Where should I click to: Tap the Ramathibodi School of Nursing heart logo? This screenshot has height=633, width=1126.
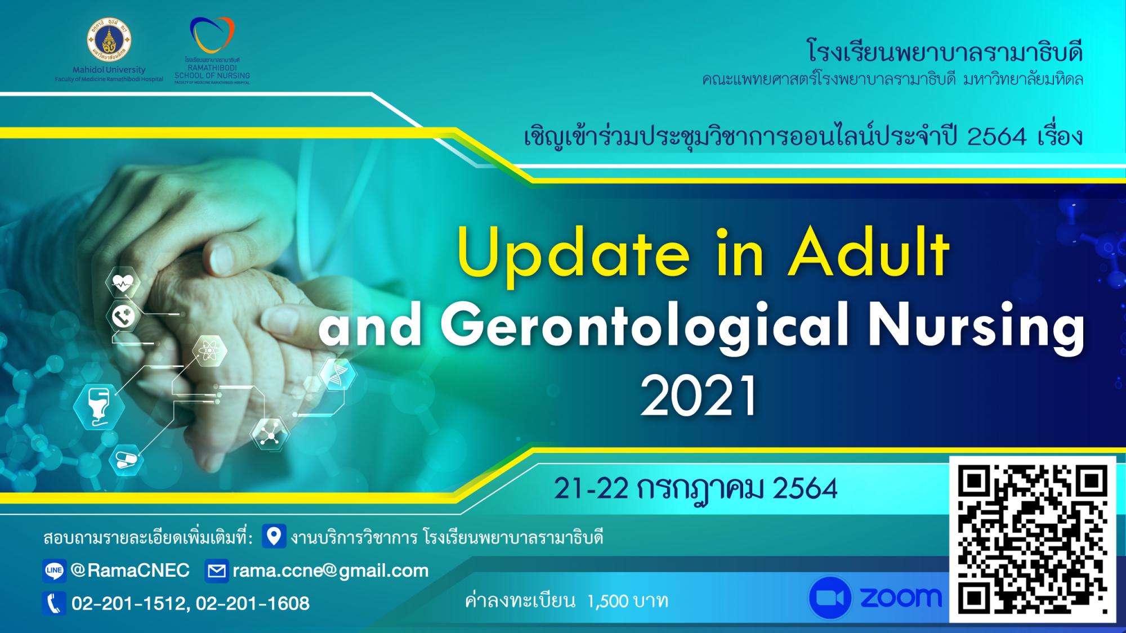(x=212, y=35)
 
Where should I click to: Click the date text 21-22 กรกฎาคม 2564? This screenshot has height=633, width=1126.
(x=695, y=488)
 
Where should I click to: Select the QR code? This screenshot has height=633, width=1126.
(x=1033, y=539)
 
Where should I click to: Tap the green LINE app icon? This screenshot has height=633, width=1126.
(x=55, y=571)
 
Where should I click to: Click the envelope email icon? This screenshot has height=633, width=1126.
(x=217, y=571)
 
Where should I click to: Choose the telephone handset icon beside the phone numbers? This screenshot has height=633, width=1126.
(x=55, y=604)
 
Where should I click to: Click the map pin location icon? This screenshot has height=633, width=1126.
(x=274, y=536)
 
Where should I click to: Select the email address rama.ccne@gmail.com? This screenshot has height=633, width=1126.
(x=330, y=571)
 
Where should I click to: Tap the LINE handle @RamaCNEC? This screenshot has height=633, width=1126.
(x=130, y=571)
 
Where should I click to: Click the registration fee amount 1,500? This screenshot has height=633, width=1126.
(x=607, y=601)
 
